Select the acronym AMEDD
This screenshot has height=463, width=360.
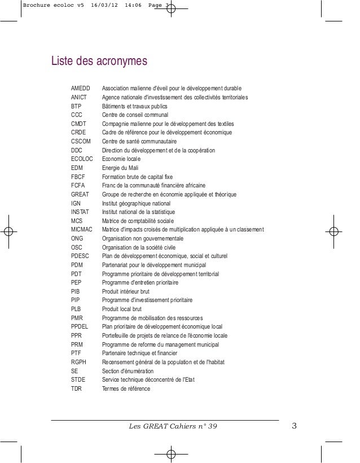pyautogui.click(x=80, y=89)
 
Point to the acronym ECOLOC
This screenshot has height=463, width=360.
pyautogui.click(x=82, y=159)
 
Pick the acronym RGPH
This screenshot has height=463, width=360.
pyautogui.click(x=78, y=362)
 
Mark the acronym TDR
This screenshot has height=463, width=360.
pyautogui.click(x=76, y=388)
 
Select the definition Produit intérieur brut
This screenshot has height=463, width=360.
pyautogui.click(x=125, y=291)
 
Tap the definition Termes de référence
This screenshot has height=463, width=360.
pyautogui.click(x=126, y=388)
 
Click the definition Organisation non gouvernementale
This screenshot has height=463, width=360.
pyautogui.click(x=140, y=238)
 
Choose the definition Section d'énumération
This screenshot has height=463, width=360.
pyautogui.click(x=127, y=371)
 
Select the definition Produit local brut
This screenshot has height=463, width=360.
pyautogui.click(x=122, y=309)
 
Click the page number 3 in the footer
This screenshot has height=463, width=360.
pyautogui.click(x=294, y=425)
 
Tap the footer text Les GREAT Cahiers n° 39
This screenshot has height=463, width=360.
pyautogui.click(x=173, y=425)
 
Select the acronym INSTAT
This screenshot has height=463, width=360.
pyautogui.click(x=80, y=212)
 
